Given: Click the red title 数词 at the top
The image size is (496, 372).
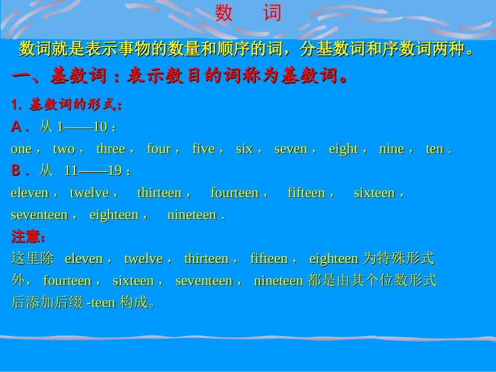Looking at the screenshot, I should coord(248,14).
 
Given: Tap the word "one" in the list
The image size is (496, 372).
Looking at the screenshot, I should coord(21,149).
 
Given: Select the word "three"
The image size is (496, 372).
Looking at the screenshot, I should coord(111,149).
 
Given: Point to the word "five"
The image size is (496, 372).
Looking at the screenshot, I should coord(204,149).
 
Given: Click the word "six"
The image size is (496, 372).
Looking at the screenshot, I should coord(244,149).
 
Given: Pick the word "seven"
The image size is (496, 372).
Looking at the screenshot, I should coord(291,149).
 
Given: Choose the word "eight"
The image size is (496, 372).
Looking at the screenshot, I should coord(343,149).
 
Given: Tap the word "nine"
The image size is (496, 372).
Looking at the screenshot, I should coord(392,149).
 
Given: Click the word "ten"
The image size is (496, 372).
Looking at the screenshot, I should coord(434,149).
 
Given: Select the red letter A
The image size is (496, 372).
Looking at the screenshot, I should coord(17,127).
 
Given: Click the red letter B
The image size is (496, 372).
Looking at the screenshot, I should coord(17,171).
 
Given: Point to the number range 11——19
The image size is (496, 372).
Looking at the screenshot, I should coord(93,171).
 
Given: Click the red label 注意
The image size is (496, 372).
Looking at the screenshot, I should coord(26,237).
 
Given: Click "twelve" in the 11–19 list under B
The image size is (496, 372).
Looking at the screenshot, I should coord(89,193).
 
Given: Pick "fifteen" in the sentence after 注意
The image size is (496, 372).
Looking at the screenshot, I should coord(269,259).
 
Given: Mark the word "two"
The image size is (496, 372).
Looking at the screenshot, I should coord(64,149).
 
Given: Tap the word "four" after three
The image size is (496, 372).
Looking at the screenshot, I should coord(159,149).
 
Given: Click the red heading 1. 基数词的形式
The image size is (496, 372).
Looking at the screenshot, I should coord(67,105).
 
